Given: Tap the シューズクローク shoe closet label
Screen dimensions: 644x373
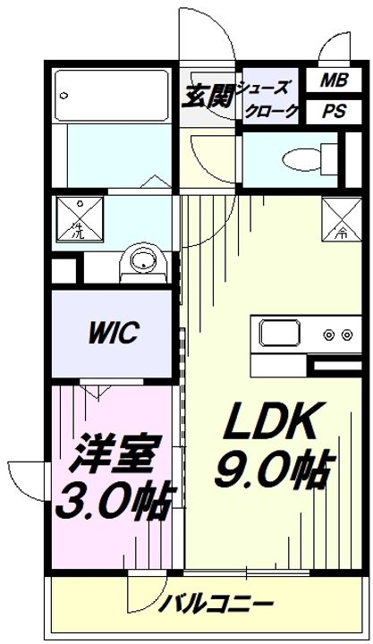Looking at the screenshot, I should pyautogui.click(x=268, y=98).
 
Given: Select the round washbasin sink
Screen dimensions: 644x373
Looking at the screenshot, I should pyautogui.click(x=143, y=262).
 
